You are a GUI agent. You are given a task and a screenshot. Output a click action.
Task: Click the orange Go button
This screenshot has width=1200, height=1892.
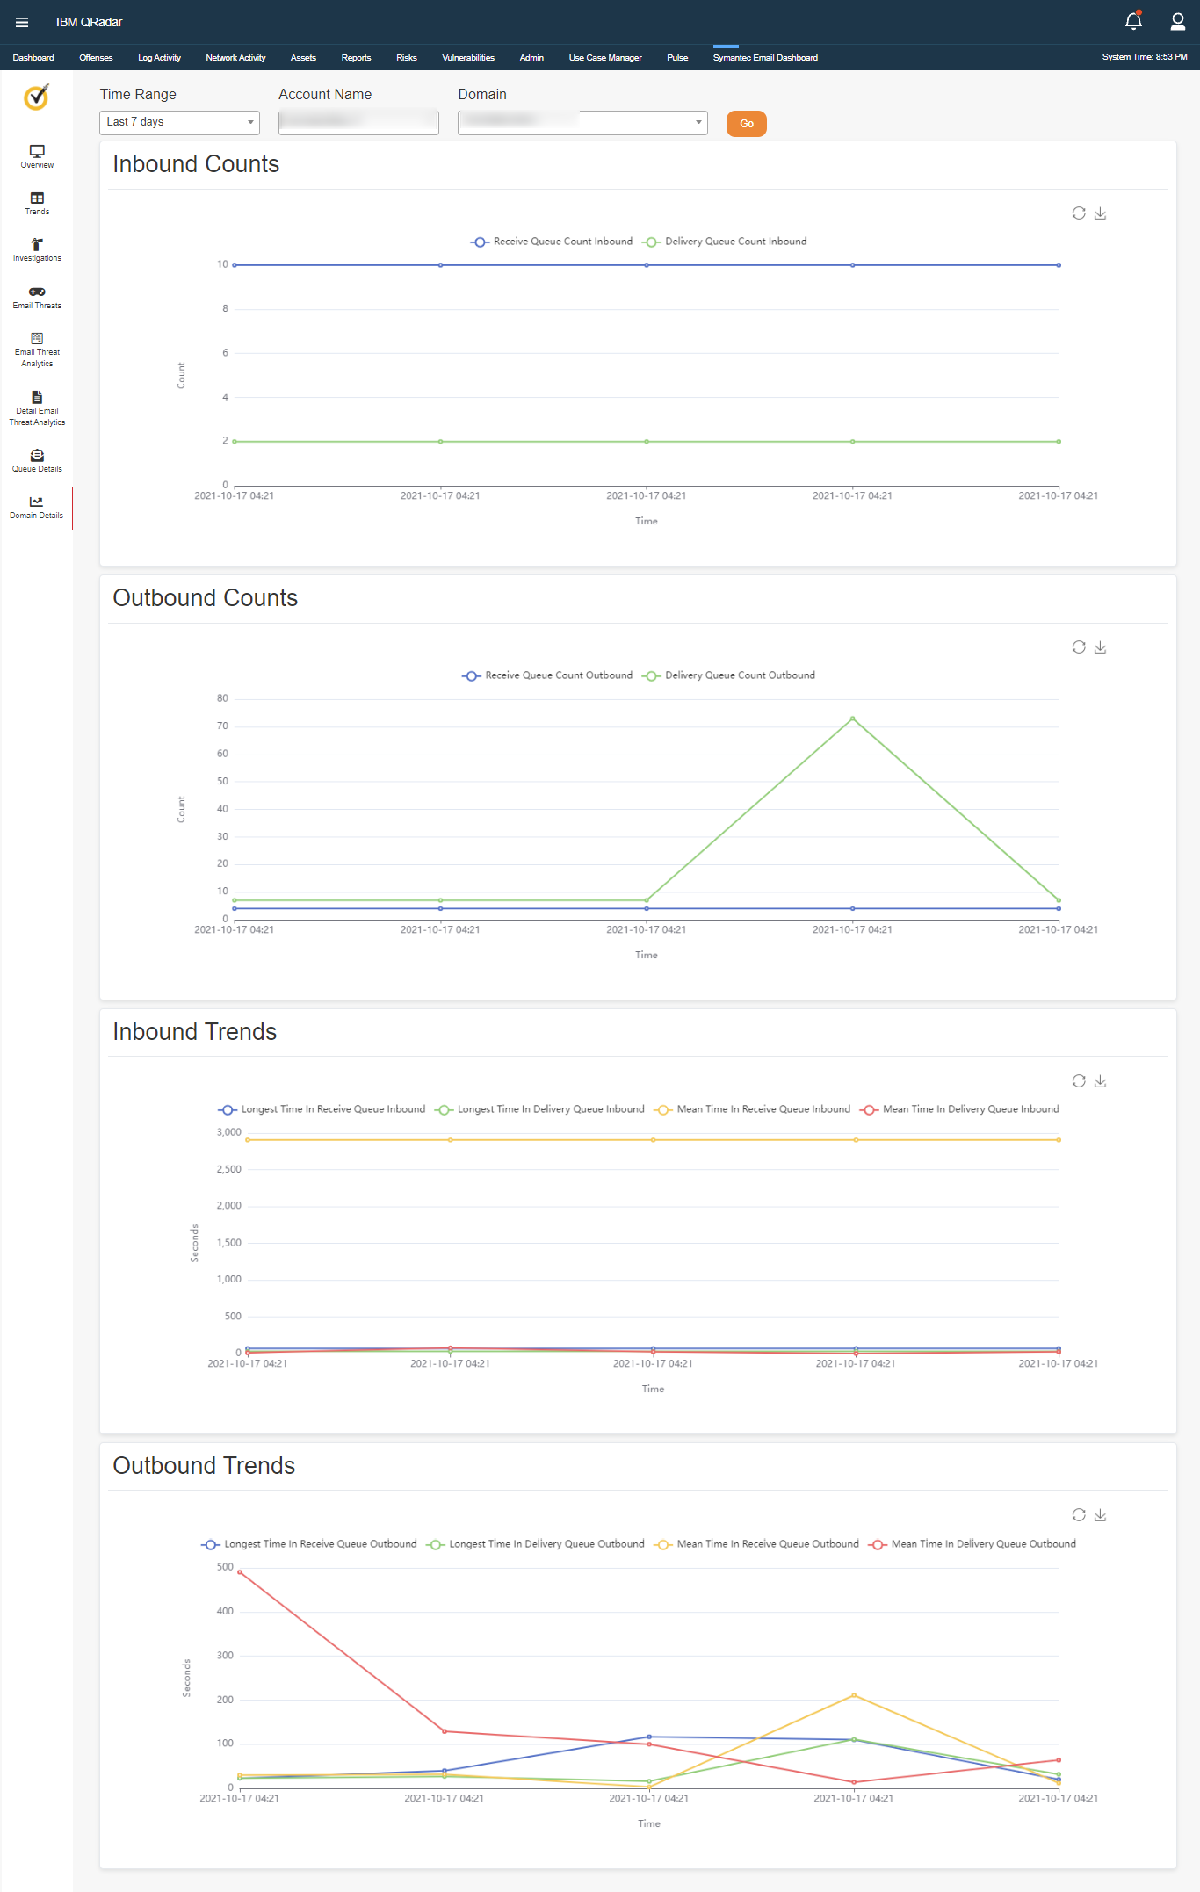746,124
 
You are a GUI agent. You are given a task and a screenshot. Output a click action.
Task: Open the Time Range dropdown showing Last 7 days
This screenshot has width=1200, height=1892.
179,122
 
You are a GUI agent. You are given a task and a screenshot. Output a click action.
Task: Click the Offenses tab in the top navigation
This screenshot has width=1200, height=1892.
96,58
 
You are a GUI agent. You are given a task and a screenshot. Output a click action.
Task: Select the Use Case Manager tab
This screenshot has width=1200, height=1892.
604,58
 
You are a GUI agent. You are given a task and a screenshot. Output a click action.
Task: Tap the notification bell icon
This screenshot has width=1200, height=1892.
1133,21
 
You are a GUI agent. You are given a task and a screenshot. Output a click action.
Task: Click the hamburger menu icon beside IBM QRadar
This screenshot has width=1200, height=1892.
22,22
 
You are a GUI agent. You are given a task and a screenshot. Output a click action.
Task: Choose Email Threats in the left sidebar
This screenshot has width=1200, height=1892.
37,298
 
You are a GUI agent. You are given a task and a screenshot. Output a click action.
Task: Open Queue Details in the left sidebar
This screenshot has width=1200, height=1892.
37,461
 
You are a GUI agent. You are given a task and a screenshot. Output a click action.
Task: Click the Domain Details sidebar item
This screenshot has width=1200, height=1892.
37,508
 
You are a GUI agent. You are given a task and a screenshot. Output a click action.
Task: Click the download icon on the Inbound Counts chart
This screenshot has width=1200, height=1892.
1100,213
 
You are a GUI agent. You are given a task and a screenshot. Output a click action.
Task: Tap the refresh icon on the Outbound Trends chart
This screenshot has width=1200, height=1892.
1079,1515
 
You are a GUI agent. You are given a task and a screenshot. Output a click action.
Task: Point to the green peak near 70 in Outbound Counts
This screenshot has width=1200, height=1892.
852,719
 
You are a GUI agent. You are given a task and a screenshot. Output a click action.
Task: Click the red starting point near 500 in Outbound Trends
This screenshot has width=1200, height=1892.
240,1572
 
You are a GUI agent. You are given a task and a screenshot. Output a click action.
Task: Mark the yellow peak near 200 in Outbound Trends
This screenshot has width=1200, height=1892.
854,1695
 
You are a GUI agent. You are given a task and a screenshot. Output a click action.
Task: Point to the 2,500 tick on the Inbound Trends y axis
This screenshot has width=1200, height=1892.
229,1169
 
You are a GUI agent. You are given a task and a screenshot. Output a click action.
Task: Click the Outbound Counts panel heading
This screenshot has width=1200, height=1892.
206,598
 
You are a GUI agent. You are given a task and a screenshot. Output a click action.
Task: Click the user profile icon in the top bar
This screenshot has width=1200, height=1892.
1177,21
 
